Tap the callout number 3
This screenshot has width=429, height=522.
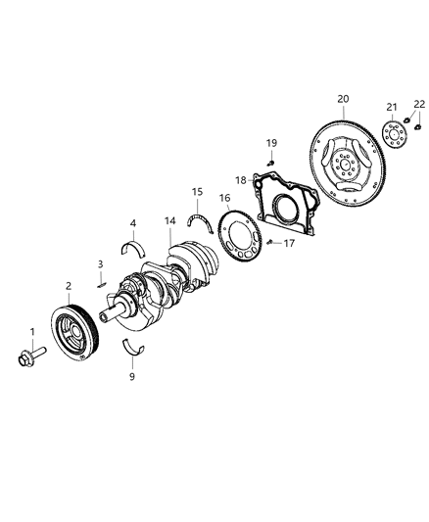(100, 264)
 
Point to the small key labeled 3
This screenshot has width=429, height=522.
(101, 285)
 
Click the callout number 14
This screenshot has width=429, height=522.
(170, 220)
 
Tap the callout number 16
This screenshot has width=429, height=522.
(223, 198)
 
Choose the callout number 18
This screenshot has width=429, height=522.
(240, 179)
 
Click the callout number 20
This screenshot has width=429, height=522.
(343, 98)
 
